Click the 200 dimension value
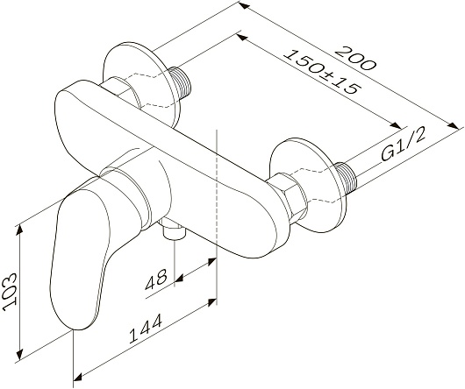point(355,58)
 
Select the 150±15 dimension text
point(322,72)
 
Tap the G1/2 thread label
point(404,144)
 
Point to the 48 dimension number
point(156,279)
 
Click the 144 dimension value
point(146,329)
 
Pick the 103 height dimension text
point(10,292)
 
